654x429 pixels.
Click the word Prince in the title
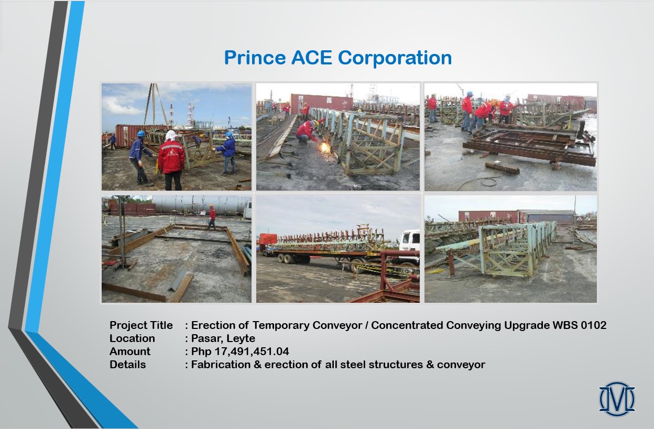[x=255, y=58]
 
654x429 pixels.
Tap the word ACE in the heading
[x=311, y=58]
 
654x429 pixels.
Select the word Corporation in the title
[x=395, y=58]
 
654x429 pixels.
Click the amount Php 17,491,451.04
[x=240, y=351]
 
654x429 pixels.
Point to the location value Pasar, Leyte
[x=223, y=338]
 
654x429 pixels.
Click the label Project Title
[x=141, y=325]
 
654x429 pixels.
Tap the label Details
[x=127, y=365]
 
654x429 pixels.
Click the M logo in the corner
[x=617, y=399]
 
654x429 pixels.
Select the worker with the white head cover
[x=171, y=160]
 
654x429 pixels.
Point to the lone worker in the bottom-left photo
[x=212, y=216]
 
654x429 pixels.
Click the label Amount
[x=130, y=351]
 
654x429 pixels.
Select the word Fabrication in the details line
[x=221, y=365]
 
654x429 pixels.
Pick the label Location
[x=132, y=338]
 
